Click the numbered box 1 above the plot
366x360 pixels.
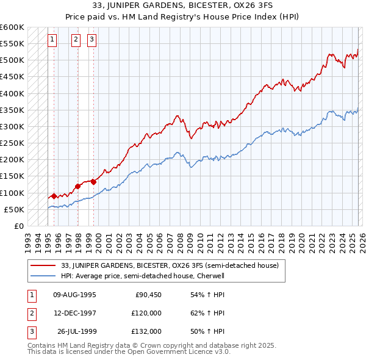tap(52, 40)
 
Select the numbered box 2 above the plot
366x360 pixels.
tap(76, 40)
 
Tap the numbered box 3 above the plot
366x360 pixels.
tap(91, 40)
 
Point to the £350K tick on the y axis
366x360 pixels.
tap(12, 110)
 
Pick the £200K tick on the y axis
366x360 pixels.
tap(12, 160)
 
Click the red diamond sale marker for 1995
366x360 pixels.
tap(54, 196)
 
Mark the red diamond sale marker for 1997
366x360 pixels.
tap(78, 186)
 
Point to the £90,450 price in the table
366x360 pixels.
tap(148, 295)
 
